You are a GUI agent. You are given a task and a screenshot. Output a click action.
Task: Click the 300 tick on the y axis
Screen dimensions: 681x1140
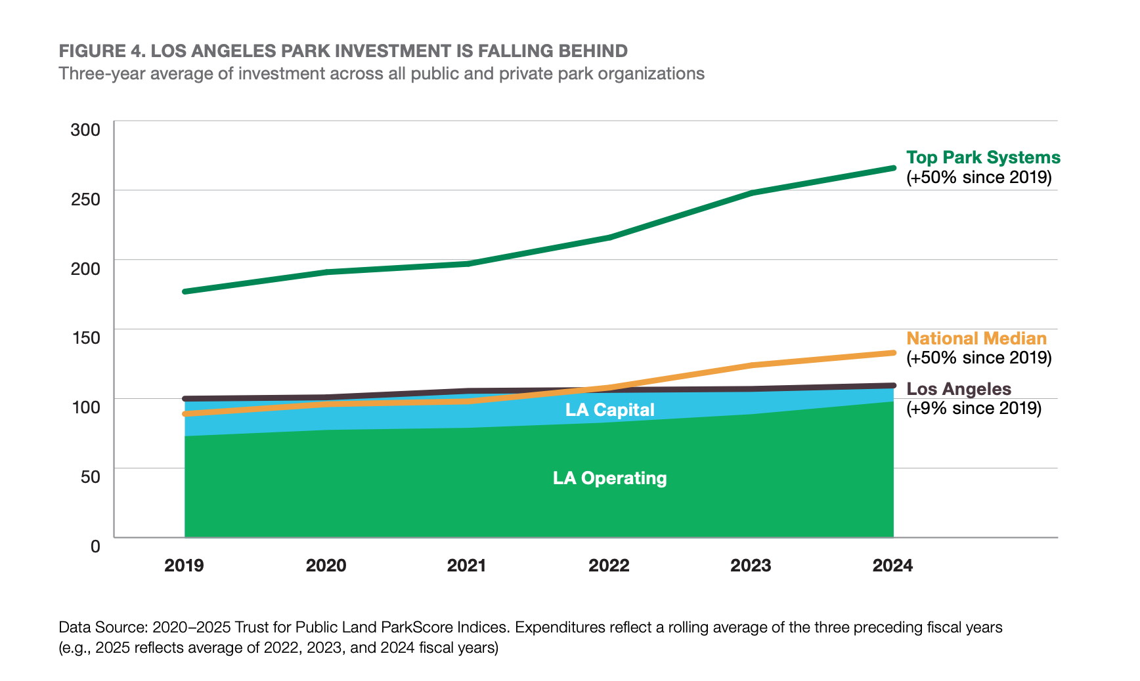(x=85, y=129)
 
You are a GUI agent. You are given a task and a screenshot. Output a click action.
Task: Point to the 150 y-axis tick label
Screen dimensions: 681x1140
(x=85, y=337)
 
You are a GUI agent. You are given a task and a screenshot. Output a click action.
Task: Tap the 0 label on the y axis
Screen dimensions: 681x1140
(x=96, y=546)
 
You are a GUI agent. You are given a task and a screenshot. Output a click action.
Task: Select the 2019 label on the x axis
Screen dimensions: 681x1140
(x=184, y=566)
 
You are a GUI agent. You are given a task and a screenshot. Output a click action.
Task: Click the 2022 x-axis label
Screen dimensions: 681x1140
(x=609, y=566)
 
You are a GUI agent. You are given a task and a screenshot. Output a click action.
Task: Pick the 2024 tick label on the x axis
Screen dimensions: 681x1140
(x=892, y=566)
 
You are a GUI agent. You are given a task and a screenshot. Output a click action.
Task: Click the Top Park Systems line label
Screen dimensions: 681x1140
(x=983, y=157)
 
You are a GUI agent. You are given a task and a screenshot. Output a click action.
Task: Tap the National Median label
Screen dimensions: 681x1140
(x=976, y=339)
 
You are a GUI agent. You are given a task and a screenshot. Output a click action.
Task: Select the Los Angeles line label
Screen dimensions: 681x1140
(x=959, y=389)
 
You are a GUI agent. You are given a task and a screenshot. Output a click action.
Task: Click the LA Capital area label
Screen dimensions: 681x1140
(x=610, y=410)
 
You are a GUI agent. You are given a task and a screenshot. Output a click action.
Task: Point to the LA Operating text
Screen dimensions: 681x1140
(x=609, y=478)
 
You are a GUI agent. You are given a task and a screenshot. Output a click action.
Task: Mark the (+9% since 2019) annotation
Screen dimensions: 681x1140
(x=974, y=408)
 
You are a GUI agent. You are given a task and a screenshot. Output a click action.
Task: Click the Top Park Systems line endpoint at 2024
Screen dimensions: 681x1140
(x=893, y=168)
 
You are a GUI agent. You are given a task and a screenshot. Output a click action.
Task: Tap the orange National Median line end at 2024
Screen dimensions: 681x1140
(x=893, y=353)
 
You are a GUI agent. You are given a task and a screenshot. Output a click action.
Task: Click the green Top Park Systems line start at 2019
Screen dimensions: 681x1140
(x=185, y=291)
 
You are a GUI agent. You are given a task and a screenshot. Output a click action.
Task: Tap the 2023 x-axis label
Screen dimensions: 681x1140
(x=751, y=566)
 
